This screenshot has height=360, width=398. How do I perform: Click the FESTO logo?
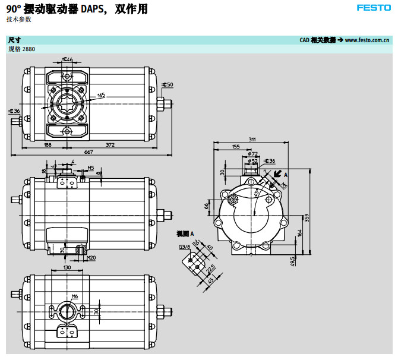[x=374, y=8]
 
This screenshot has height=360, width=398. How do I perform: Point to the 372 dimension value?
[x=110, y=144]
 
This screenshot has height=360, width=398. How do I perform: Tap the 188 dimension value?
[x=48, y=144]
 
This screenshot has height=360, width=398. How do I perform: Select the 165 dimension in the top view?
[x=101, y=95]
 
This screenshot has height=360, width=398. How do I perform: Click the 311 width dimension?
[x=252, y=139]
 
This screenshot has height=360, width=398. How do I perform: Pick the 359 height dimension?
[x=307, y=217]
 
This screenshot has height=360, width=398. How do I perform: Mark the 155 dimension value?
[x=236, y=146]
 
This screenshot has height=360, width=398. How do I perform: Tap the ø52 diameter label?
[x=253, y=160]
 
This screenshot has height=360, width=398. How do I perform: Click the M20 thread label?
[x=91, y=257]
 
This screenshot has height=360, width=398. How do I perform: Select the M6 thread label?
[x=75, y=296]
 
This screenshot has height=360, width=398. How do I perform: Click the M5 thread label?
[x=90, y=168]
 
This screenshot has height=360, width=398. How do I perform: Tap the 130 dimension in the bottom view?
[x=67, y=268]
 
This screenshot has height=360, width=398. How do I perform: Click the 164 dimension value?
[x=300, y=233]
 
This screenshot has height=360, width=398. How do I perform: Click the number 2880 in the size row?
[x=29, y=49]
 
